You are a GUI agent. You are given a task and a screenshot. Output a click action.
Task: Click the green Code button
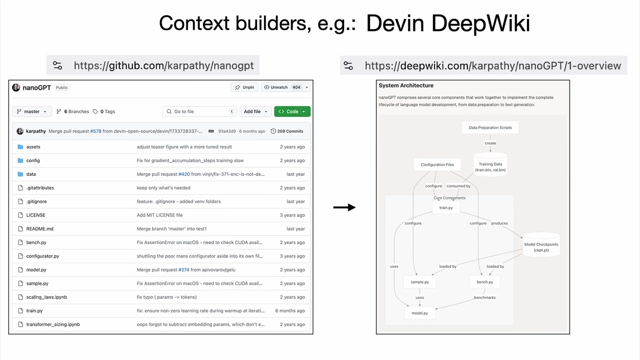click(292, 111)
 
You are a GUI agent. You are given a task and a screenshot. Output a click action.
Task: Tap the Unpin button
click(244, 87)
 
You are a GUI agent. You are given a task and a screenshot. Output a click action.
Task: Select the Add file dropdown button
click(255, 111)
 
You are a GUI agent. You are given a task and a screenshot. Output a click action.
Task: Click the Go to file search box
click(199, 111)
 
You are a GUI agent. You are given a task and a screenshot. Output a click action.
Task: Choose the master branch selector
click(31, 111)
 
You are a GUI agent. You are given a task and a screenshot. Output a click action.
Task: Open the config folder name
click(33, 160)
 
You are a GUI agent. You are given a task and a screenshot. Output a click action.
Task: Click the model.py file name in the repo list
click(36, 269)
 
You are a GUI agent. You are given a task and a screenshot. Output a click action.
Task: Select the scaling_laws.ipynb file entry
click(46, 297)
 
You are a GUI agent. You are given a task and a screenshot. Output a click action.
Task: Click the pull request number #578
click(95, 131)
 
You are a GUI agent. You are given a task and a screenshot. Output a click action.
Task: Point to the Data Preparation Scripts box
click(490, 127)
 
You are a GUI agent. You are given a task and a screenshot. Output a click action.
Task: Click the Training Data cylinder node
click(490, 164)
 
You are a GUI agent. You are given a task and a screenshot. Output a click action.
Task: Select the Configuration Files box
click(437, 164)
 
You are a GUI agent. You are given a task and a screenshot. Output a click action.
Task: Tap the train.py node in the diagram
click(446, 207)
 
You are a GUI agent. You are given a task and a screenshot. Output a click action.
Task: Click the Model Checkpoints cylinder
click(541, 244)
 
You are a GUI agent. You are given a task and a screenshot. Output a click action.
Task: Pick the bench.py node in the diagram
click(485, 282)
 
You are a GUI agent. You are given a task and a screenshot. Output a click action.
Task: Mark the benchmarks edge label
click(484, 297)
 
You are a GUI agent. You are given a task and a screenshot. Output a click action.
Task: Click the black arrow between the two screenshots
click(344, 207)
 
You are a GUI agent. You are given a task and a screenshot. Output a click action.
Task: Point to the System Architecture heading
click(406, 85)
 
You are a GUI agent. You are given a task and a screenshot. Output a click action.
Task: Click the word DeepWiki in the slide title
click(481, 23)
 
